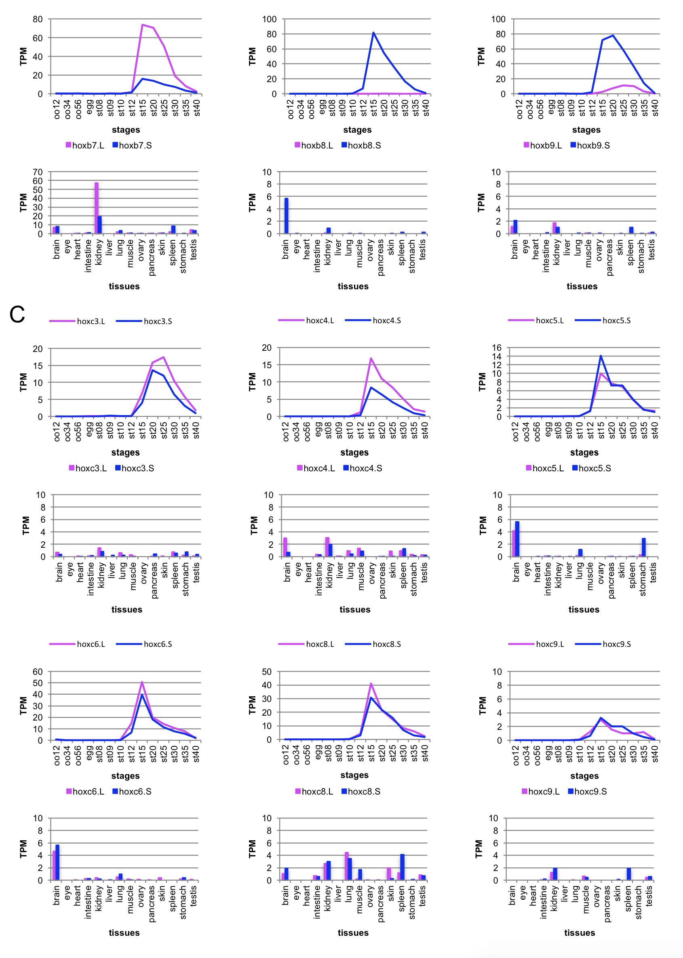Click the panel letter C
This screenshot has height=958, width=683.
17,314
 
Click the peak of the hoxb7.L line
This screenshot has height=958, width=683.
143,25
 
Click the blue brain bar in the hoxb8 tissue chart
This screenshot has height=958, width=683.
287,216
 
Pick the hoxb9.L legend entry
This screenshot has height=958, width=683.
542,146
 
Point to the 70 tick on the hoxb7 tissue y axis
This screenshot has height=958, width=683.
38,172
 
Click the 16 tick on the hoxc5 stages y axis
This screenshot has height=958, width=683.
497,348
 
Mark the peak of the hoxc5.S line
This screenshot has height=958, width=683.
601,356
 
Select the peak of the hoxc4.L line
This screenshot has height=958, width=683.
371,358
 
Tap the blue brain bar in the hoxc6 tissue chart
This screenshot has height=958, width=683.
58,863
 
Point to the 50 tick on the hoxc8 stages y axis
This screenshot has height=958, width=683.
267,672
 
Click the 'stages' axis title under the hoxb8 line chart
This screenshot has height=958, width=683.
357,129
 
